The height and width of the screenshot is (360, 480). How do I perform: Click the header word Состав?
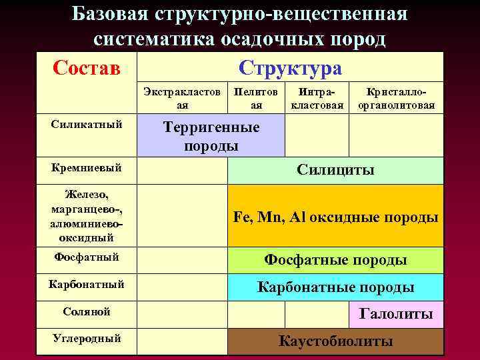pyautogui.click(x=85, y=68)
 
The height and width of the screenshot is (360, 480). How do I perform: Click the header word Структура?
pyautogui.click(x=290, y=68)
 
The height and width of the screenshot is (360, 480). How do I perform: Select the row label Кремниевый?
pyautogui.click(x=85, y=167)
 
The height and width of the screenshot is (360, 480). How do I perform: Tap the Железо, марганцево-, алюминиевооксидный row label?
pyautogui.click(x=85, y=215)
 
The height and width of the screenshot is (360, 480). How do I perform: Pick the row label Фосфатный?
pyautogui.click(x=85, y=256)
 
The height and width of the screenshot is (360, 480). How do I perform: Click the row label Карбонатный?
pyautogui.click(x=85, y=285)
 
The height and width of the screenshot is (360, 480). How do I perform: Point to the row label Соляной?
pyautogui.click(x=85, y=311)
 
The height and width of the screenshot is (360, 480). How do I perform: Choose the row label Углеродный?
pyautogui.click(x=85, y=339)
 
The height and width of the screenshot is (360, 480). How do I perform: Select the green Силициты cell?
pyautogui.click(x=335, y=170)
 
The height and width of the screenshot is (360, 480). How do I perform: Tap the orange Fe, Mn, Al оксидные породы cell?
pyautogui.click(x=335, y=217)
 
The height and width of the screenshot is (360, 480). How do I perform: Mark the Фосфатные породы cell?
pyautogui.click(x=335, y=259)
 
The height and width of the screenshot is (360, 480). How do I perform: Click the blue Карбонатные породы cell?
pyautogui.click(x=335, y=287)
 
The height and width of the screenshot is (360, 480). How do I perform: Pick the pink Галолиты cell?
pyautogui.click(x=396, y=313)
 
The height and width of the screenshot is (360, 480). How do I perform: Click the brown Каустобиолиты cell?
pyautogui.click(x=335, y=341)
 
